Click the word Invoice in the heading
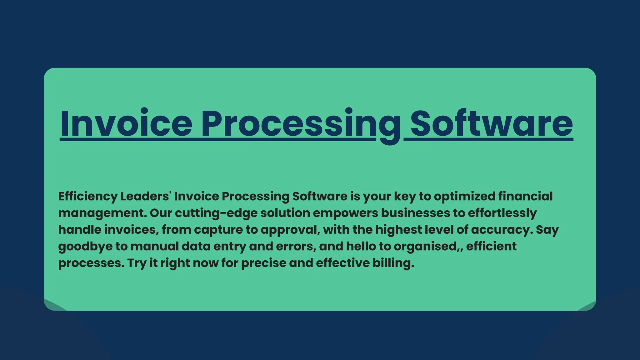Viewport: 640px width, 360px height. coord(126,123)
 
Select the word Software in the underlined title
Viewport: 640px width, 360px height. coord(492,123)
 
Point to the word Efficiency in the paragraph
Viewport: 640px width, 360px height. coord(87,197)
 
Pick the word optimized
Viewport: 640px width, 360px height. coord(465,197)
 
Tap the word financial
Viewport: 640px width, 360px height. coord(526,197)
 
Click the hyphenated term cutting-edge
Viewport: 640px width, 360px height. coord(216,213)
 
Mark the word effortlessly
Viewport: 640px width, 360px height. coord(502,213)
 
